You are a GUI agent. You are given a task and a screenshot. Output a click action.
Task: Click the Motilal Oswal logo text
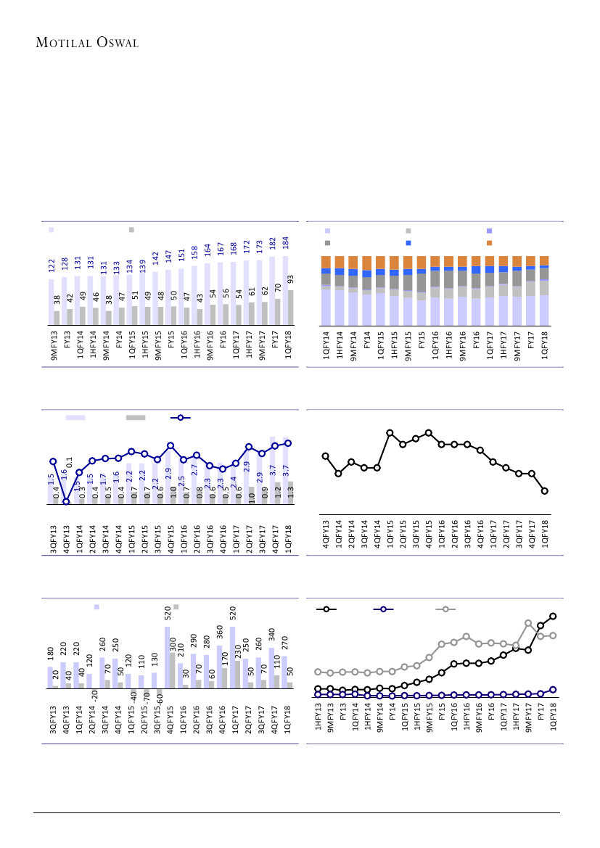87,43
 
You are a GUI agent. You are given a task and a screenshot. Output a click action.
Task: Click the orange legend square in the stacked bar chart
490,243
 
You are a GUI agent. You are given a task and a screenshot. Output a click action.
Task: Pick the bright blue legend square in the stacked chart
408,243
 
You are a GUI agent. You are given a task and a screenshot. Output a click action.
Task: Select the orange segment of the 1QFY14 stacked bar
326,262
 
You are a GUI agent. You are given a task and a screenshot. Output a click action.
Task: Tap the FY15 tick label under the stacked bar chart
422,340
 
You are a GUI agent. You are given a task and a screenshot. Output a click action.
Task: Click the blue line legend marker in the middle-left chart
181,418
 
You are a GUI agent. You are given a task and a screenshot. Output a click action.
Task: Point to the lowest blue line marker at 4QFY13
65,501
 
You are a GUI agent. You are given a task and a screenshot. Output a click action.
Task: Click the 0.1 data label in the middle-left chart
70,462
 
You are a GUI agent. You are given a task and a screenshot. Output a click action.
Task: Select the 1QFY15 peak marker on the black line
390,433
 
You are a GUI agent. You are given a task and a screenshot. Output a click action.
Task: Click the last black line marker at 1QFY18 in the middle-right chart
544,491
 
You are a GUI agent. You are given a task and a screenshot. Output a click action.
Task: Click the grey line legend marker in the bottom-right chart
445,609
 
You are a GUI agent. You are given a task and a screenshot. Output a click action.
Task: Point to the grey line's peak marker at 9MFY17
528,624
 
